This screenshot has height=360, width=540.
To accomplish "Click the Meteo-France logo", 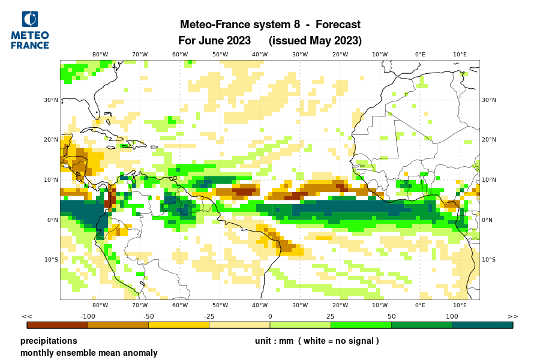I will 30,30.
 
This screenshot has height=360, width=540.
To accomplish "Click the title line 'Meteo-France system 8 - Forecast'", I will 270,25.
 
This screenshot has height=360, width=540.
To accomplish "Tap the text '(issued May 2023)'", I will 315,41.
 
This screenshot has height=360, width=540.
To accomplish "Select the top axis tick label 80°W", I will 100,54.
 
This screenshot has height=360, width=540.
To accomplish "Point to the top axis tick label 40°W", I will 260,54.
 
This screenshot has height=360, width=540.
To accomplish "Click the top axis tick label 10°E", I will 460,54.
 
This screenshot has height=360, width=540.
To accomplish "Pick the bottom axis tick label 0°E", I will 420,305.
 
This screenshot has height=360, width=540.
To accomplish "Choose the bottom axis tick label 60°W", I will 180,305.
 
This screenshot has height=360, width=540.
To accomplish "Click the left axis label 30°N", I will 51,100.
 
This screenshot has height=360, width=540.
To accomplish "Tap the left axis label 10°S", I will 51,260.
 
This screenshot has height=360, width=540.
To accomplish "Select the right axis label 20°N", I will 489,140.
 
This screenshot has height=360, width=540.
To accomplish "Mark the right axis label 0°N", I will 488,220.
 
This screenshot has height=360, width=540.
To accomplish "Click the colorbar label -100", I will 88,316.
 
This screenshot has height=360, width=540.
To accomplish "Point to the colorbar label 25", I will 331,316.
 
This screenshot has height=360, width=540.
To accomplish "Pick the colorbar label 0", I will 270,316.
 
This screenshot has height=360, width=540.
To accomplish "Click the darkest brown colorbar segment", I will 58,325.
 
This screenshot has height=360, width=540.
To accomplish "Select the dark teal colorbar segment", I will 482,325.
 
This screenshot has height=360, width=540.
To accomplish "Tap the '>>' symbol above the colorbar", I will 512,316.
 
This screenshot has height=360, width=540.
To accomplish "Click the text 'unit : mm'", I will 273,341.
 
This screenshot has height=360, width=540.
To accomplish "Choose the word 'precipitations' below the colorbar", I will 49,341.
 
